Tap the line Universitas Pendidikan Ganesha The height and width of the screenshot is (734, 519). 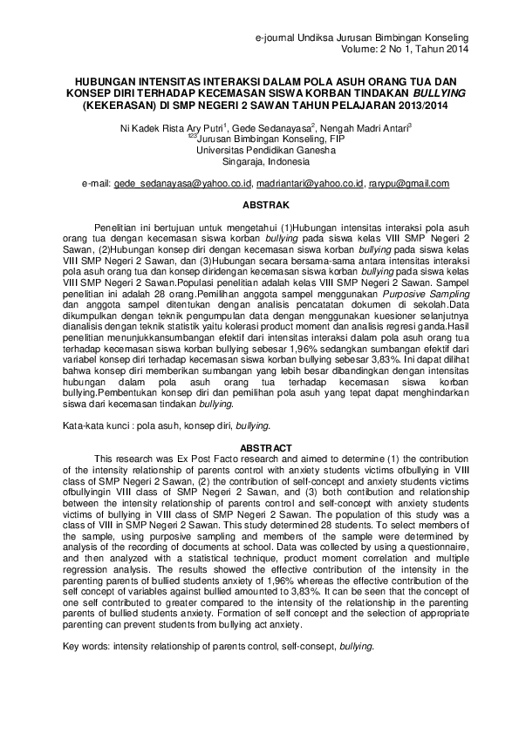[x=261, y=149]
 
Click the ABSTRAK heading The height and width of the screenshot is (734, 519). [x=260, y=206]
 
